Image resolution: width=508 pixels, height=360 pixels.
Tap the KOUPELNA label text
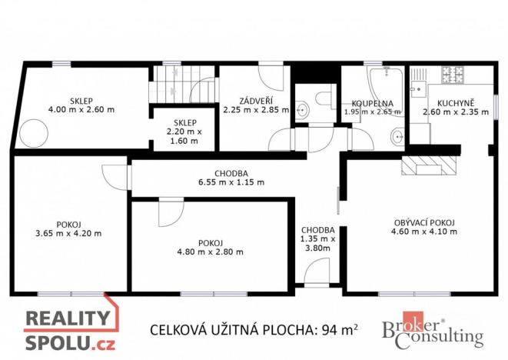[x=373, y=103]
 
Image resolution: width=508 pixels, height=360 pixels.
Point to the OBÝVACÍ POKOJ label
[x=423, y=223]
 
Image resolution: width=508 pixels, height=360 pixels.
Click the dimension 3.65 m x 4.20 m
[x=68, y=233]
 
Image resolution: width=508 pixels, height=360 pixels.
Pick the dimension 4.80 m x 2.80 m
[x=210, y=252]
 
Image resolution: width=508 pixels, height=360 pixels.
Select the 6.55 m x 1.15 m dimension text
[x=231, y=183]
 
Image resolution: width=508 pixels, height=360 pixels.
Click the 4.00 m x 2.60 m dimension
[x=81, y=110]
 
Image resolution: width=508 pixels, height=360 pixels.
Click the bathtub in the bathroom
[x=383, y=83]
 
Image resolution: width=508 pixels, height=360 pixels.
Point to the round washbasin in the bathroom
[x=397, y=138]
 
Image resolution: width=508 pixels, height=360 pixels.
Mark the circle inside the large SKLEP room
[x=34, y=132]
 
